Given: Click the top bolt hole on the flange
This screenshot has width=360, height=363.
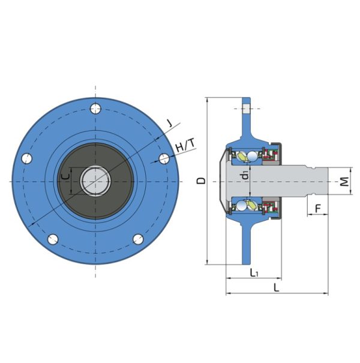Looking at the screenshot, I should (x=95, y=109).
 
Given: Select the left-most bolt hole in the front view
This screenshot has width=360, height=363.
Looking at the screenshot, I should (x=25, y=159).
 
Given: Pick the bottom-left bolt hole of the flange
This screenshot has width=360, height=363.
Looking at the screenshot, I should (x=52, y=239).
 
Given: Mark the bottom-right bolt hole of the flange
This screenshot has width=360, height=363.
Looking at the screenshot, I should (x=138, y=239).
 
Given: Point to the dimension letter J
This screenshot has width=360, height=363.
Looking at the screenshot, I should (x=170, y=124).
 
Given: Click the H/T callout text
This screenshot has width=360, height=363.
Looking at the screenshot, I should (x=185, y=146).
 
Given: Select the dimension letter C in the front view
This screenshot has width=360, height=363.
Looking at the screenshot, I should (x=65, y=178).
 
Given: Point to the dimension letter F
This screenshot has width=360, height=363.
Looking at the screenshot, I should (x=318, y=208).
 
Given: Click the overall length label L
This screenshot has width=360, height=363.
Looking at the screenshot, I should (x=276, y=288).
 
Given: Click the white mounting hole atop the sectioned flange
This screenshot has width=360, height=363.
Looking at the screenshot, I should (x=246, y=109).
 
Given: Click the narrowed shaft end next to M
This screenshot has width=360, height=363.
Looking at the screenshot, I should (x=321, y=181).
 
